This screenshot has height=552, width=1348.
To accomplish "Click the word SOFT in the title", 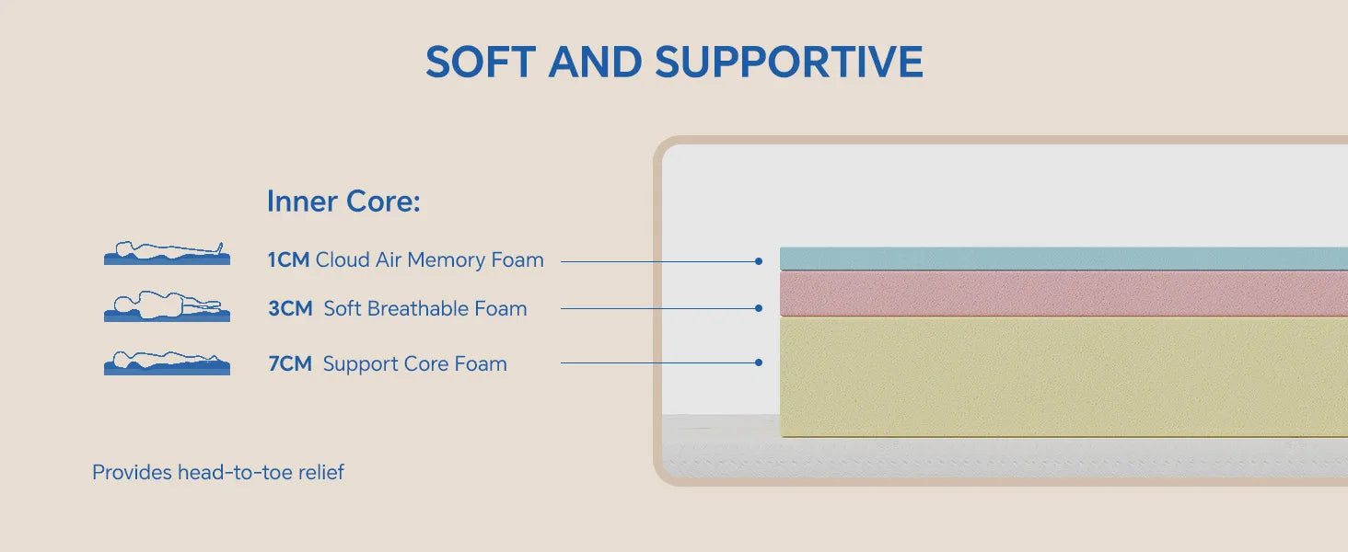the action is [481, 62].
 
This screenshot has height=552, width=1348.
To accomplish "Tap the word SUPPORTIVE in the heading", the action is [789, 62].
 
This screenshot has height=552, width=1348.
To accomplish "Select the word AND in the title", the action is [595, 62].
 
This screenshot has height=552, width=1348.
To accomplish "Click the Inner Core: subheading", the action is [343, 201].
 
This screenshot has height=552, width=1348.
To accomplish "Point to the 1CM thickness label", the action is [288, 259].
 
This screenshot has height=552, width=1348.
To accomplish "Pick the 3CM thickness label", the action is [290, 308].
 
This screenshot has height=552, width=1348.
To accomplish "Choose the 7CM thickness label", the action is [290, 363].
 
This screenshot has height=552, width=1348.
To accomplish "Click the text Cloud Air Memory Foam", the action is [430, 259].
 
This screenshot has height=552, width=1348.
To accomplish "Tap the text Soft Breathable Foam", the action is [425, 308].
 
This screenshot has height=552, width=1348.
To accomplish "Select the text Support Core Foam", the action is [415, 363].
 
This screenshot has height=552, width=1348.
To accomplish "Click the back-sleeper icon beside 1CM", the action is [167, 253].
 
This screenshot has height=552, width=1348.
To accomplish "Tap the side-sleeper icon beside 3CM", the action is [167, 306].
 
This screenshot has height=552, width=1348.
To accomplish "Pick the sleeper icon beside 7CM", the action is [167, 362].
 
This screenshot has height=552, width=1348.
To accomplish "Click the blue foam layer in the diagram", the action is [1063, 259].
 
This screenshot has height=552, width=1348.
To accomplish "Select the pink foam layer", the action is [1063, 293].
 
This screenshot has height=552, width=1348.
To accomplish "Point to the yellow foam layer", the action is [1063, 376].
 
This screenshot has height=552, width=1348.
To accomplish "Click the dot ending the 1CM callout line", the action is [759, 261].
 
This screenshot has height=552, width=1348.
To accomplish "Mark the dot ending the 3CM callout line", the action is [759, 308].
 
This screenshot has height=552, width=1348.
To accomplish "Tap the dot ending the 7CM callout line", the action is [759, 362].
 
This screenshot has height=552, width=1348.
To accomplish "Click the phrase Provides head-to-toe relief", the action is [218, 472].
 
